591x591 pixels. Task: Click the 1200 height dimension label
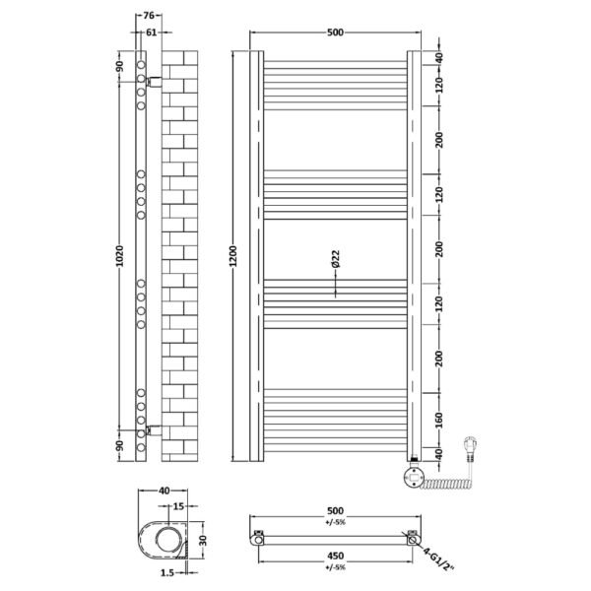(232, 256)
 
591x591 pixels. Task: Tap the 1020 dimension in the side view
(119, 256)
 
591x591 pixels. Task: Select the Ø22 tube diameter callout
(336, 258)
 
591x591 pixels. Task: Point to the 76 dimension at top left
(149, 16)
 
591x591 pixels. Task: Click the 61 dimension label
(151, 33)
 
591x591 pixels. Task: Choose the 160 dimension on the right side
(439, 421)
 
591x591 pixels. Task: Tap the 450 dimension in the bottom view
(336, 556)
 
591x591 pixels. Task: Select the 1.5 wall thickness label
(167, 573)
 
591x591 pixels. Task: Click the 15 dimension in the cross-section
(178, 506)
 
